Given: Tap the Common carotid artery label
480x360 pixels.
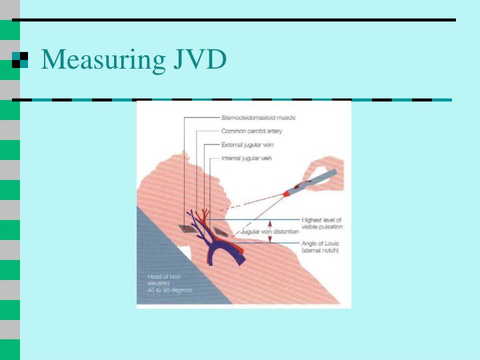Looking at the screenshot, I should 252,131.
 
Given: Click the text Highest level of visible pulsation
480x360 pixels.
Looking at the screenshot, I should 322,223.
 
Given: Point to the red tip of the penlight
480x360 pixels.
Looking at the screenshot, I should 288,193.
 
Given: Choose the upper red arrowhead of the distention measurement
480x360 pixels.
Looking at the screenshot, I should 270,223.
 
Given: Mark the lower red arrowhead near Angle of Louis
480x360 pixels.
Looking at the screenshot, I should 270,240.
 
